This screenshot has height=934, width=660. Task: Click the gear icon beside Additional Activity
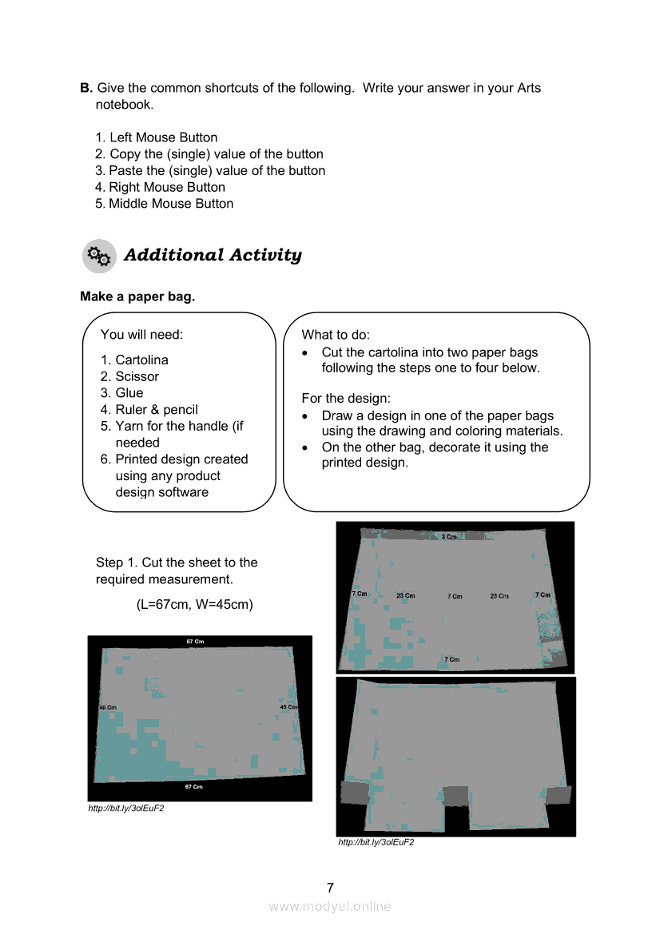[99, 256]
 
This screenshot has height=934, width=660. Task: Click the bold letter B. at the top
[86, 88]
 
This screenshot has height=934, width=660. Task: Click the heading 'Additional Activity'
[213, 256]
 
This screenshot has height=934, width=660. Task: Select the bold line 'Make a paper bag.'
[137, 296]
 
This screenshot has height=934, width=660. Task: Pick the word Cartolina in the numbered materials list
[141, 360]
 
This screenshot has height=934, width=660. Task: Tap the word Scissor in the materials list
[137, 376]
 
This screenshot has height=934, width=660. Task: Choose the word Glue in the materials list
[129, 393]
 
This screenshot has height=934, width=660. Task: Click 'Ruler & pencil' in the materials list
[157, 409]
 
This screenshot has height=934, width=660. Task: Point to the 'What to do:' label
[336, 335]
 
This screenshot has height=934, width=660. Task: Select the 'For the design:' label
[345, 398]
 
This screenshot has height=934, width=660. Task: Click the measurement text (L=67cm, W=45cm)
[195, 604]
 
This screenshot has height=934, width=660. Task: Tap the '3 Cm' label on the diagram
[449, 537]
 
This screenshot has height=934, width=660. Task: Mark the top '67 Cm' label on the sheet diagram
[195, 642]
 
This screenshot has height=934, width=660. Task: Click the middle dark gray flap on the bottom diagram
[455, 796]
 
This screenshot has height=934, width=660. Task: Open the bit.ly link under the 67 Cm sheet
[125, 809]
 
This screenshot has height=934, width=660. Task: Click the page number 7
[330, 888]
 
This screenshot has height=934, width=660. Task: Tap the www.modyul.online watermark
[330, 906]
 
